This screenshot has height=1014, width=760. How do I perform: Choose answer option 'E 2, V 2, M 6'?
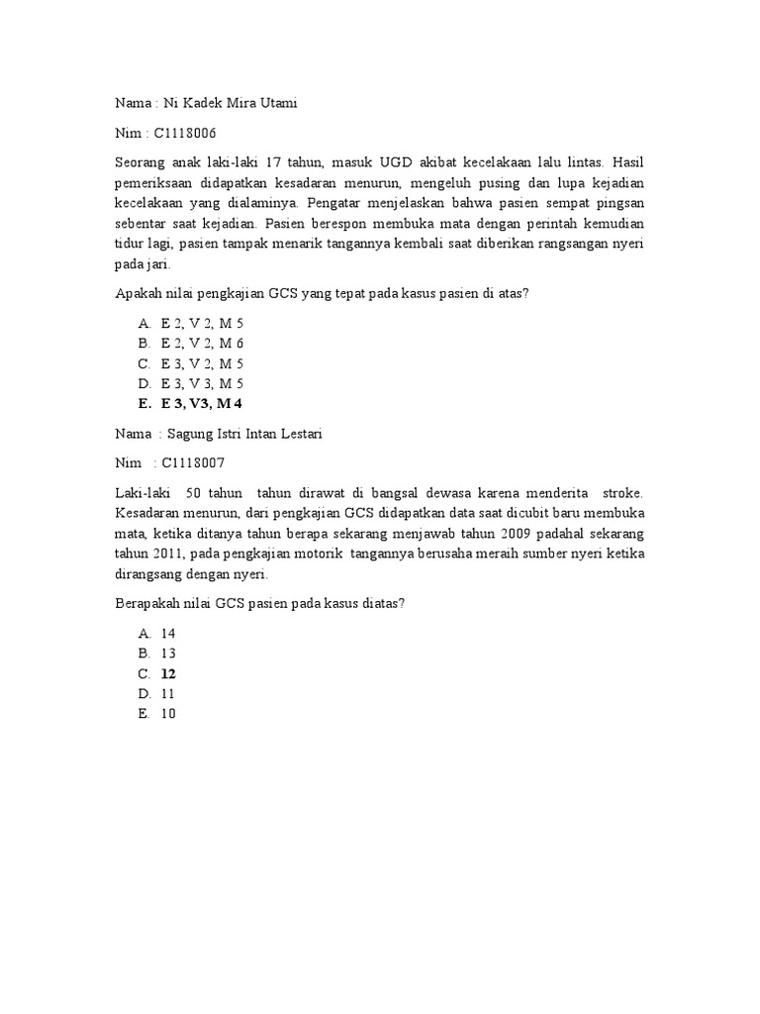tap(202, 343)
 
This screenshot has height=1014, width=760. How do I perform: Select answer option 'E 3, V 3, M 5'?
tap(202, 383)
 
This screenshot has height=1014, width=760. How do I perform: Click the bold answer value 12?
tap(168, 673)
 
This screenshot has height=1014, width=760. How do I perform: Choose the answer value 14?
tap(167, 633)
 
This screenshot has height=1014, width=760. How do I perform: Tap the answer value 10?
tap(167, 713)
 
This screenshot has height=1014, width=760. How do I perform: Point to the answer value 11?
tap(167, 693)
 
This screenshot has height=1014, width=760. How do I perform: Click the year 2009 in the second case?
tap(542, 536)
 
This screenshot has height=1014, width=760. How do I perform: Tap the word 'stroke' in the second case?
tap(621, 492)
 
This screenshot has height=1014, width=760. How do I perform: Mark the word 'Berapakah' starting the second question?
tap(149, 604)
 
